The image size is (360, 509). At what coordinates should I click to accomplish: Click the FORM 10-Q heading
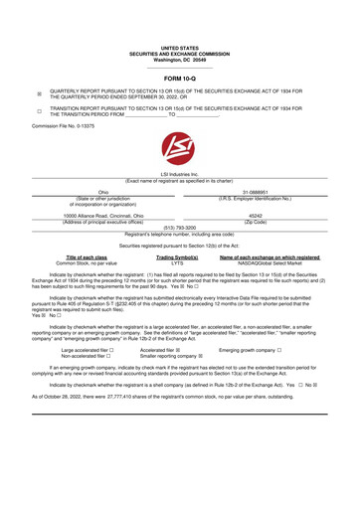click(179, 77)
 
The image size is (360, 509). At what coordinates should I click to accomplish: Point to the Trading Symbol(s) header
click(178, 284)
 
